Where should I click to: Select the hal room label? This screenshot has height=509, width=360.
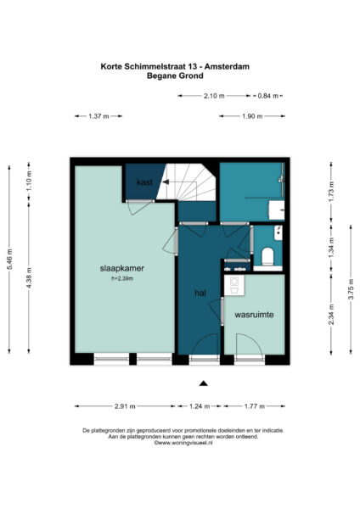[x=200, y=293]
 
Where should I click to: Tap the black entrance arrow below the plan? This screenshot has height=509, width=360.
[x=203, y=383]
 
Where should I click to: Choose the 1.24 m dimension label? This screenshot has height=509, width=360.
[x=202, y=406]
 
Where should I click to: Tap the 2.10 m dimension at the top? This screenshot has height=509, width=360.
[x=214, y=97]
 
